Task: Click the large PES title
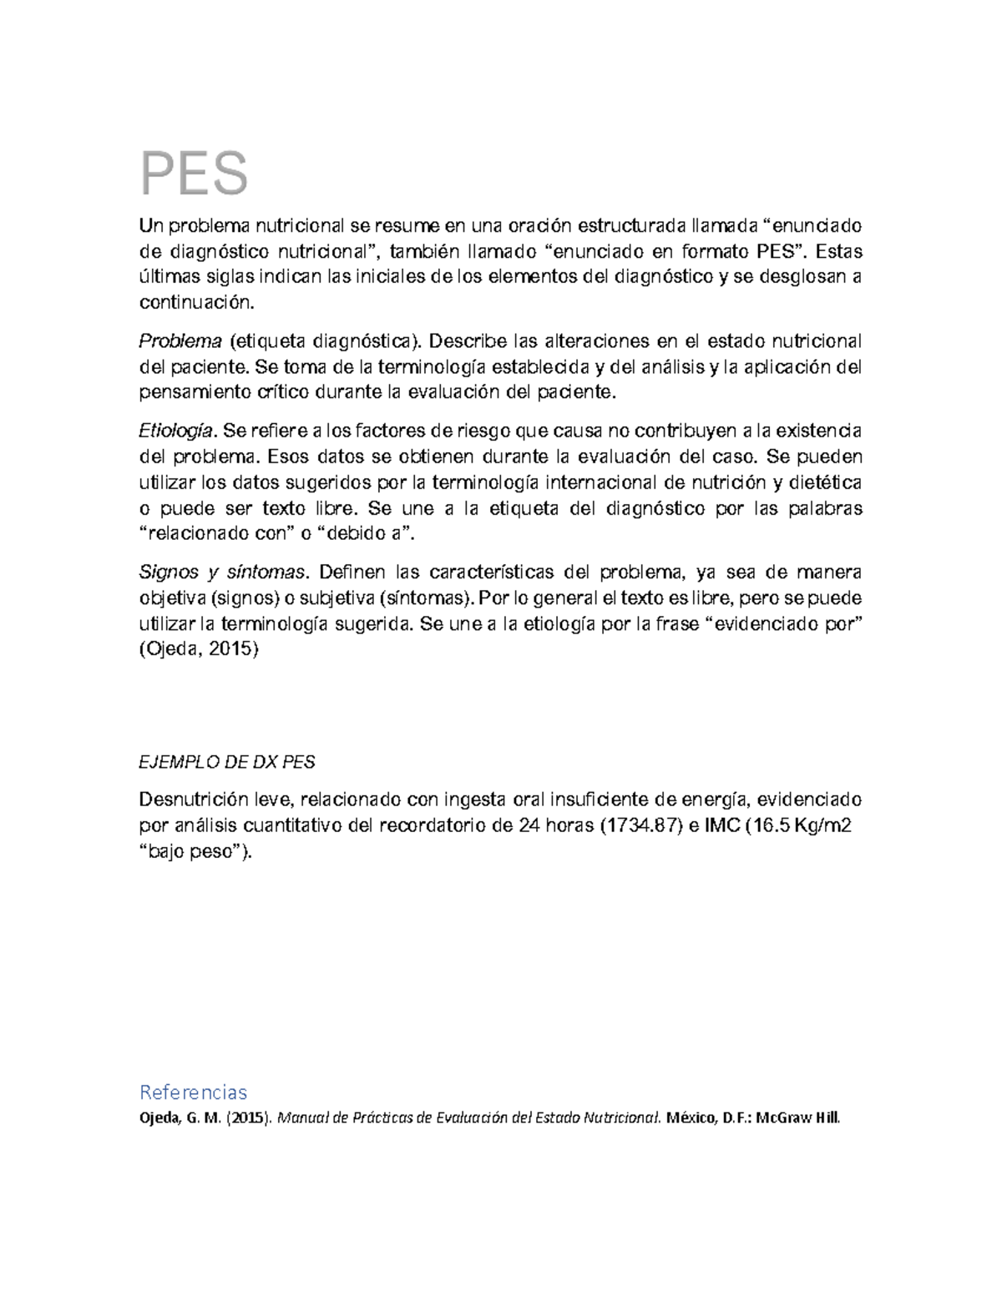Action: [194, 174]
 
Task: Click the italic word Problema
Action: [180, 341]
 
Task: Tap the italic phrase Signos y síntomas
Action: [223, 572]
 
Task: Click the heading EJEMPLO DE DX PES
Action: [226, 763]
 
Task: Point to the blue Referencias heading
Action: [193, 1092]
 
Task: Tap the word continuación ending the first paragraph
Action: [195, 303]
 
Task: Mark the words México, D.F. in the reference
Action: [704, 1118]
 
